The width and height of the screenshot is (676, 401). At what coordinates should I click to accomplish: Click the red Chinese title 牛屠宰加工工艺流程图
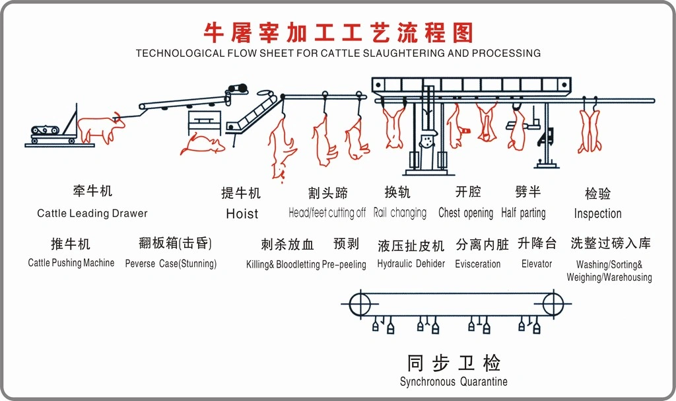click(x=338, y=31)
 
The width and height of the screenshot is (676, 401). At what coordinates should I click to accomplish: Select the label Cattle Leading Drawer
click(x=92, y=213)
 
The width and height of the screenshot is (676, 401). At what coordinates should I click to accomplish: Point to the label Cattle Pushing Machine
click(x=71, y=263)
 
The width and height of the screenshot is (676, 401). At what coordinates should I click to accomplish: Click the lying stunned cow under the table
click(x=201, y=144)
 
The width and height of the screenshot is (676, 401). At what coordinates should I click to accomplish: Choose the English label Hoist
click(x=242, y=213)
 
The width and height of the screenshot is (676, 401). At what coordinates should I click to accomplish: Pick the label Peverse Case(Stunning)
click(x=170, y=264)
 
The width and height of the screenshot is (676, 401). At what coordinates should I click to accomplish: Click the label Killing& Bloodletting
click(x=283, y=264)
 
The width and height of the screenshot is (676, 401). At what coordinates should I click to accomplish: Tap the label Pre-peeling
click(x=344, y=264)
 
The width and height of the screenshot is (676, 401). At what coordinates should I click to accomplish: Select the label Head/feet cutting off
click(x=327, y=213)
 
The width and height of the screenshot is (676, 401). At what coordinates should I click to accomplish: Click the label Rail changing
click(x=399, y=213)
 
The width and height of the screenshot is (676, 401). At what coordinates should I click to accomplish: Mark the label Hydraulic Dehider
click(x=411, y=264)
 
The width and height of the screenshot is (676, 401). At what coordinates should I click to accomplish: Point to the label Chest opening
click(x=465, y=213)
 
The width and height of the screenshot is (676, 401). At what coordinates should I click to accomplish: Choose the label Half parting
click(x=523, y=213)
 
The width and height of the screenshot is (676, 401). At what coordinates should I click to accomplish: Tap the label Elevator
click(x=536, y=264)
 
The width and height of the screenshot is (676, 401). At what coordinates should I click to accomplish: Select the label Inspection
click(x=597, y=213)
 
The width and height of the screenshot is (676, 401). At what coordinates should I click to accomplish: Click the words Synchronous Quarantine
click(x=454, y=382)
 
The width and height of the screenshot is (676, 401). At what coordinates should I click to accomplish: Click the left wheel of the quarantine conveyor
click(x=359, y=304)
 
